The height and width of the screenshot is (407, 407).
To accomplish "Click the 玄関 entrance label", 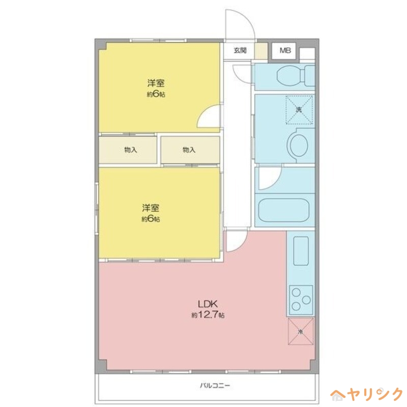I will coord(240,50).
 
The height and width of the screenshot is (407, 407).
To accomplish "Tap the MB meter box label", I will coord(285,50).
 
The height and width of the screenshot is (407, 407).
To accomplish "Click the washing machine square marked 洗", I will coord(299,110).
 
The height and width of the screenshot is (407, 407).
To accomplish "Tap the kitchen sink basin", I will coord(301,251).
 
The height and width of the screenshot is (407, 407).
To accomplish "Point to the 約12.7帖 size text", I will coord(208,315).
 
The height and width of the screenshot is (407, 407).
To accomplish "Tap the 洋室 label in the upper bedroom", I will coord(156,83).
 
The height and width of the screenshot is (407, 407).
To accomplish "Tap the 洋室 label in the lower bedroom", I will coord(151,208).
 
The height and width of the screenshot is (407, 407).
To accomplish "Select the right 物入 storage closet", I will coord(189,150).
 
